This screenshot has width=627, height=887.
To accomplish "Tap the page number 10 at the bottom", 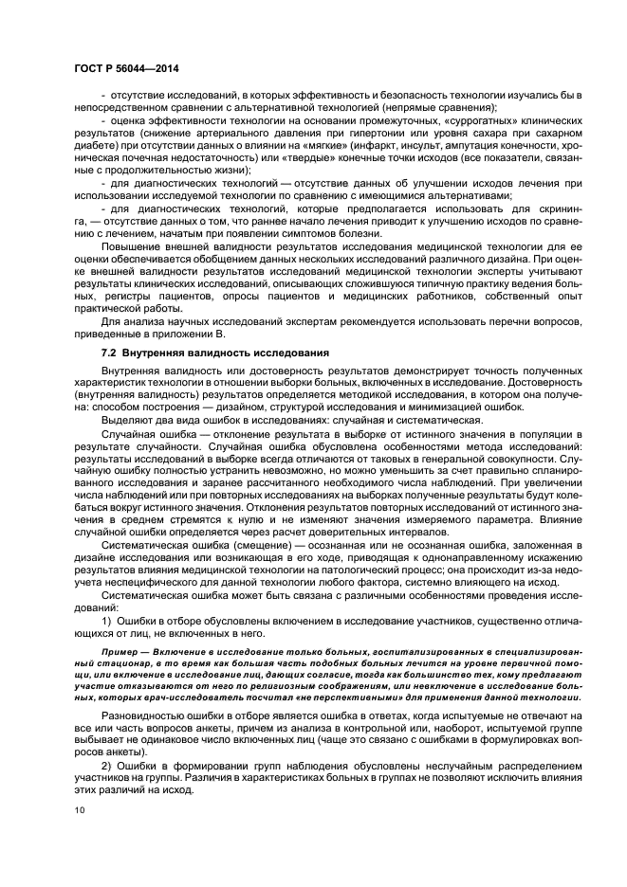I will point(80,810).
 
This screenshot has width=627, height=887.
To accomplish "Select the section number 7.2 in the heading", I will point(109,353).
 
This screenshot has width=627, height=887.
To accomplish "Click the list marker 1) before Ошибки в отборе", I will point(107,621).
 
